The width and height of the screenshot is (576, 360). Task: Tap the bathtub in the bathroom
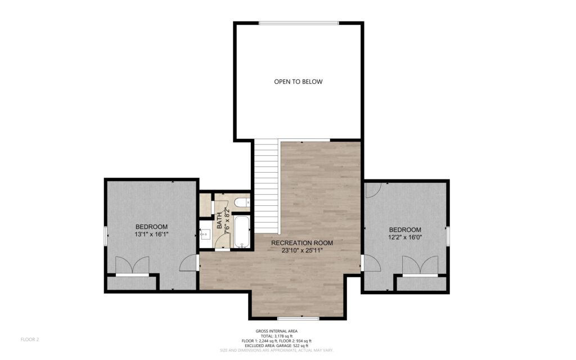[242, 232]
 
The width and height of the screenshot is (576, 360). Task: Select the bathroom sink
[205, 234]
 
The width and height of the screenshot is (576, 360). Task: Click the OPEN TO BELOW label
[298, 82]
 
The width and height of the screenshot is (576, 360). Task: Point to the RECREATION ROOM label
[302, 243]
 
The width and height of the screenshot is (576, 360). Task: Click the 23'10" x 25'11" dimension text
[302, 251]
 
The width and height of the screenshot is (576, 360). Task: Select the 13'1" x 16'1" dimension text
[151, 235]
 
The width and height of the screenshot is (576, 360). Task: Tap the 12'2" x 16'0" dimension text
[405, 237]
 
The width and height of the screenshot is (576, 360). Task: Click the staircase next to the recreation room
[267, 186]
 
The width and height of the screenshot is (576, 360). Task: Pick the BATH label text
[219, 220]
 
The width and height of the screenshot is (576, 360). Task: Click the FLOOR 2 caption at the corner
[29, 339]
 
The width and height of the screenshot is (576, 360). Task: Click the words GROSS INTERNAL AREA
[277, 331]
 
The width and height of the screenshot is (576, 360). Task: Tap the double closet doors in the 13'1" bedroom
[132, 265]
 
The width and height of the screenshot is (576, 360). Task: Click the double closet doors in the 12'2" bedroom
[420, 265]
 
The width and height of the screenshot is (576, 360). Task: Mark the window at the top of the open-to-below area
[299, 23]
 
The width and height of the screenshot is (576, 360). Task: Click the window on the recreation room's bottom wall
[298, 318]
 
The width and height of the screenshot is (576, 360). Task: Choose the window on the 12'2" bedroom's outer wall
[448, 236]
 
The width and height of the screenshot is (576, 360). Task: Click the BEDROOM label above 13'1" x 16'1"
[151, 227]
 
